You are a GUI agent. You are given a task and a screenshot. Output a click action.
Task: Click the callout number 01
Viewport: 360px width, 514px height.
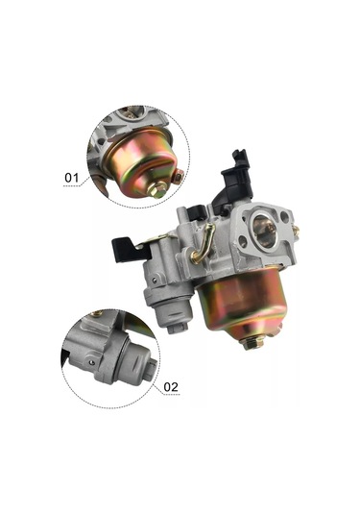(72, 178)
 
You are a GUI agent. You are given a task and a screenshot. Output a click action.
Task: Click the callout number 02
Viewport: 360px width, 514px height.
(171, 387)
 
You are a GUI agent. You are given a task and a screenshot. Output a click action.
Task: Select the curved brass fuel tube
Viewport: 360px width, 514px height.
(204, 243)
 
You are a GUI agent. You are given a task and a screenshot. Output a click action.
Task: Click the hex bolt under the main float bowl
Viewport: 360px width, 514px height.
(252, 343)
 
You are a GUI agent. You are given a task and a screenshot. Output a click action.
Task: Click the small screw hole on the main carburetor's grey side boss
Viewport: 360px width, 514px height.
(155, 280)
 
